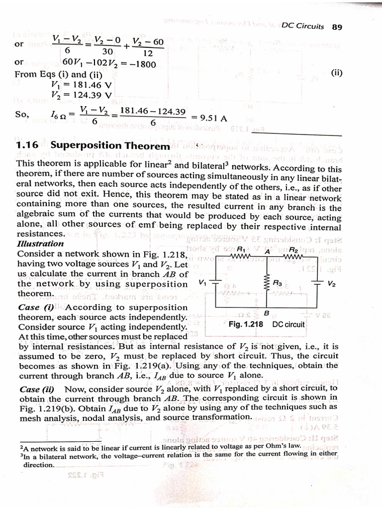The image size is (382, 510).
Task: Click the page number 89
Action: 337,27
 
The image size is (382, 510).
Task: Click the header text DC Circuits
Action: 302,27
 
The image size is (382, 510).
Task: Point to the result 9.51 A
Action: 213,118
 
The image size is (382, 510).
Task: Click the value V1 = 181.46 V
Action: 82,85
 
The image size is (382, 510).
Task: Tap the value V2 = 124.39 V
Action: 82,95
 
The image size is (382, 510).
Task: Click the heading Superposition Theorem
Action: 110,146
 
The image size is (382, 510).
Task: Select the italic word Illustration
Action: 40,244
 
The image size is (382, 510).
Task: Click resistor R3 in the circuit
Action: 267,283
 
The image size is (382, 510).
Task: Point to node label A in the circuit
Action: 267,252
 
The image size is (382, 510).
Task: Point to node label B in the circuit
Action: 267,313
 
